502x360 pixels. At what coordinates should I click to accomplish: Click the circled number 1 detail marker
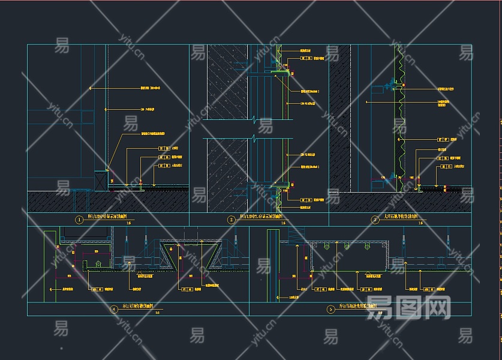click(x=79, y=220)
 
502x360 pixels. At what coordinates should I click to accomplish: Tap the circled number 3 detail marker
click(x=375, y=220)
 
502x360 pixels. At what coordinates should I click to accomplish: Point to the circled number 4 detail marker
click(x=115, y=309)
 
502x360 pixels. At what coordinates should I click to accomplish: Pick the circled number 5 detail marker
click(x=330, y=309)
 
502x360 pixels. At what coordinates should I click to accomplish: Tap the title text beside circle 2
click(x=261, y=218)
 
